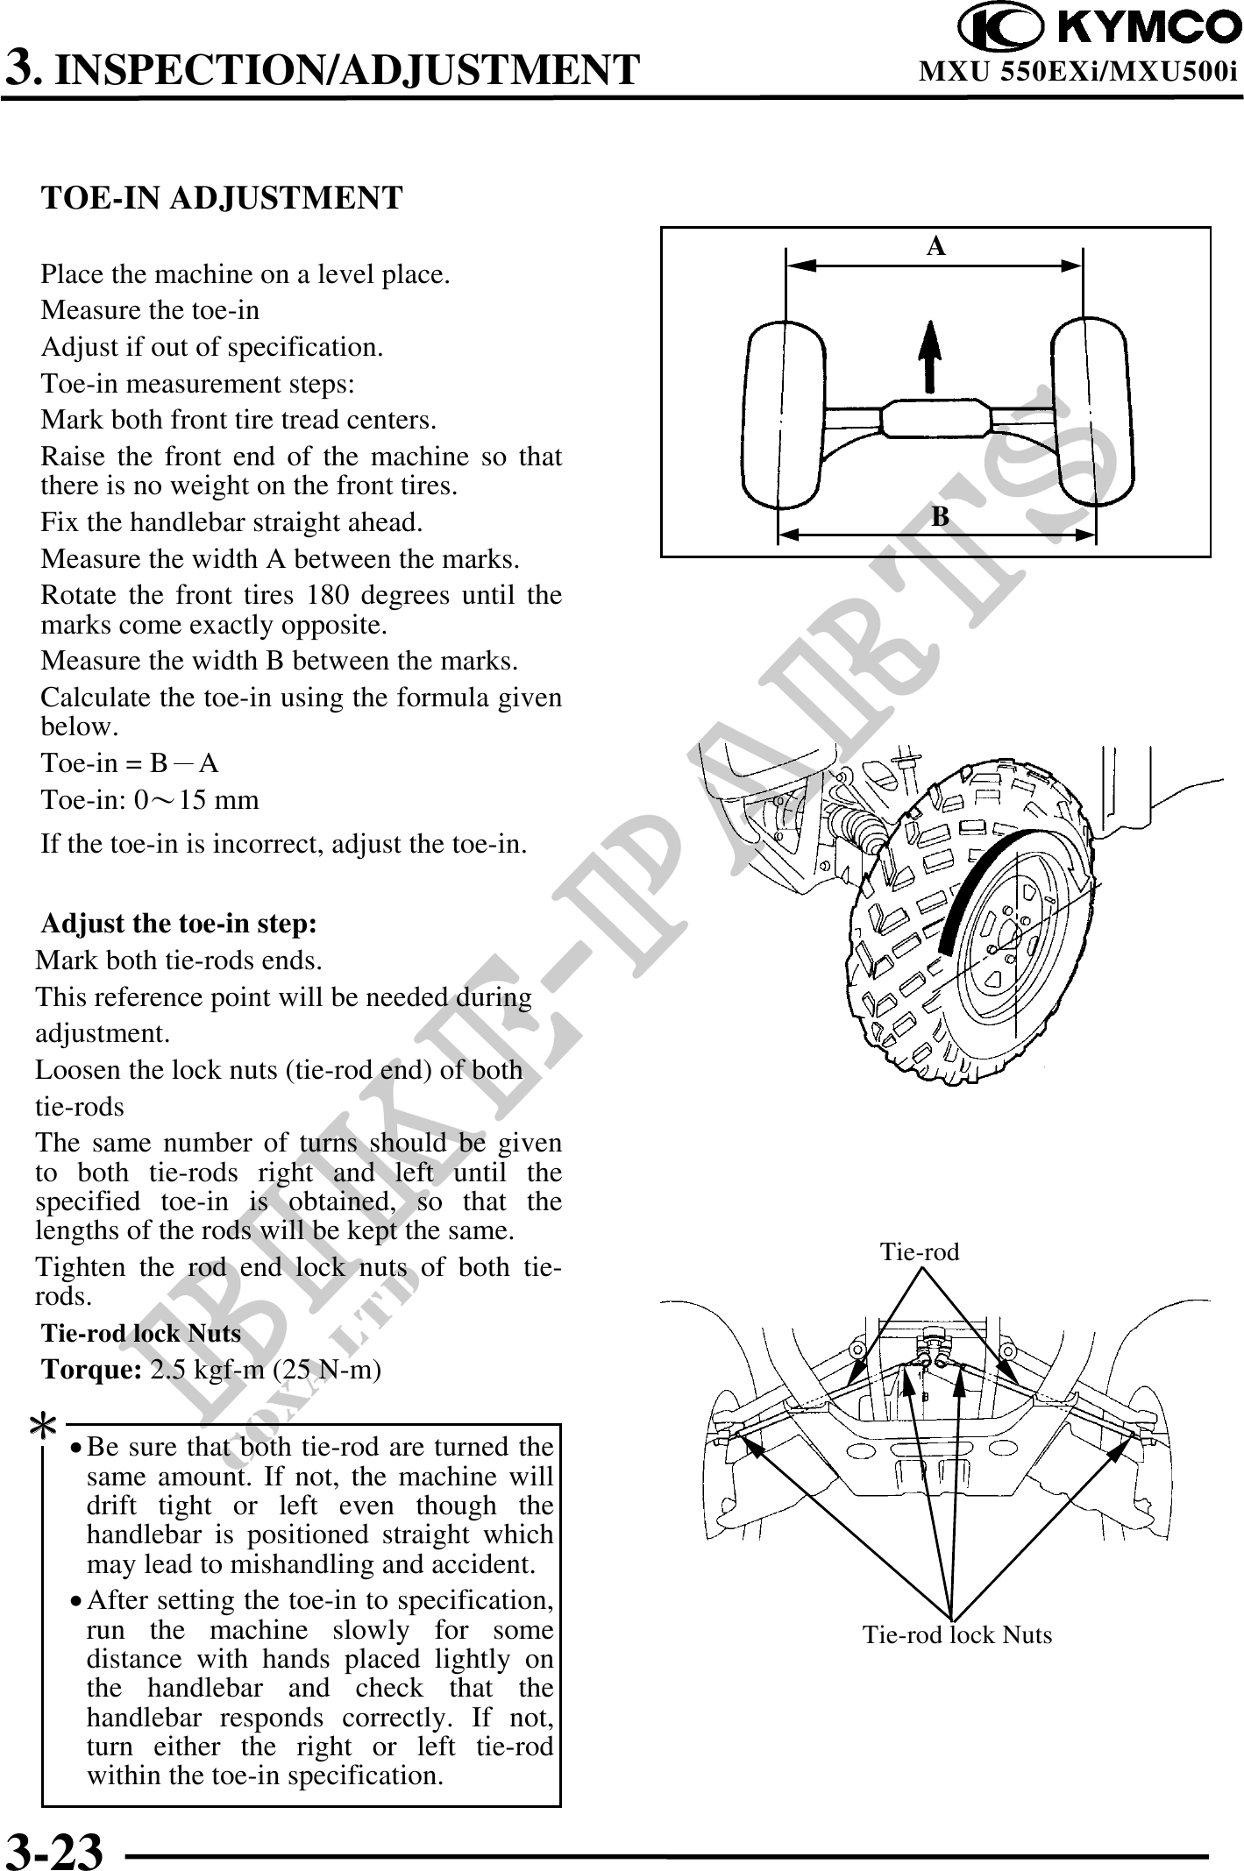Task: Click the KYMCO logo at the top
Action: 1098,27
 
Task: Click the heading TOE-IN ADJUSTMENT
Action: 223,198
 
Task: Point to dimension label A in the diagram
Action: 936,247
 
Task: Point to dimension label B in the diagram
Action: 940,517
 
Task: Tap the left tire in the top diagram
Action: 783,416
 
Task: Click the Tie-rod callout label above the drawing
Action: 920,1251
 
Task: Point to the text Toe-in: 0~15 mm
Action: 150,800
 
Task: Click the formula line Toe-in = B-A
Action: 131,763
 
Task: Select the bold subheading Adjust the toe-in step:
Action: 180,925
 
